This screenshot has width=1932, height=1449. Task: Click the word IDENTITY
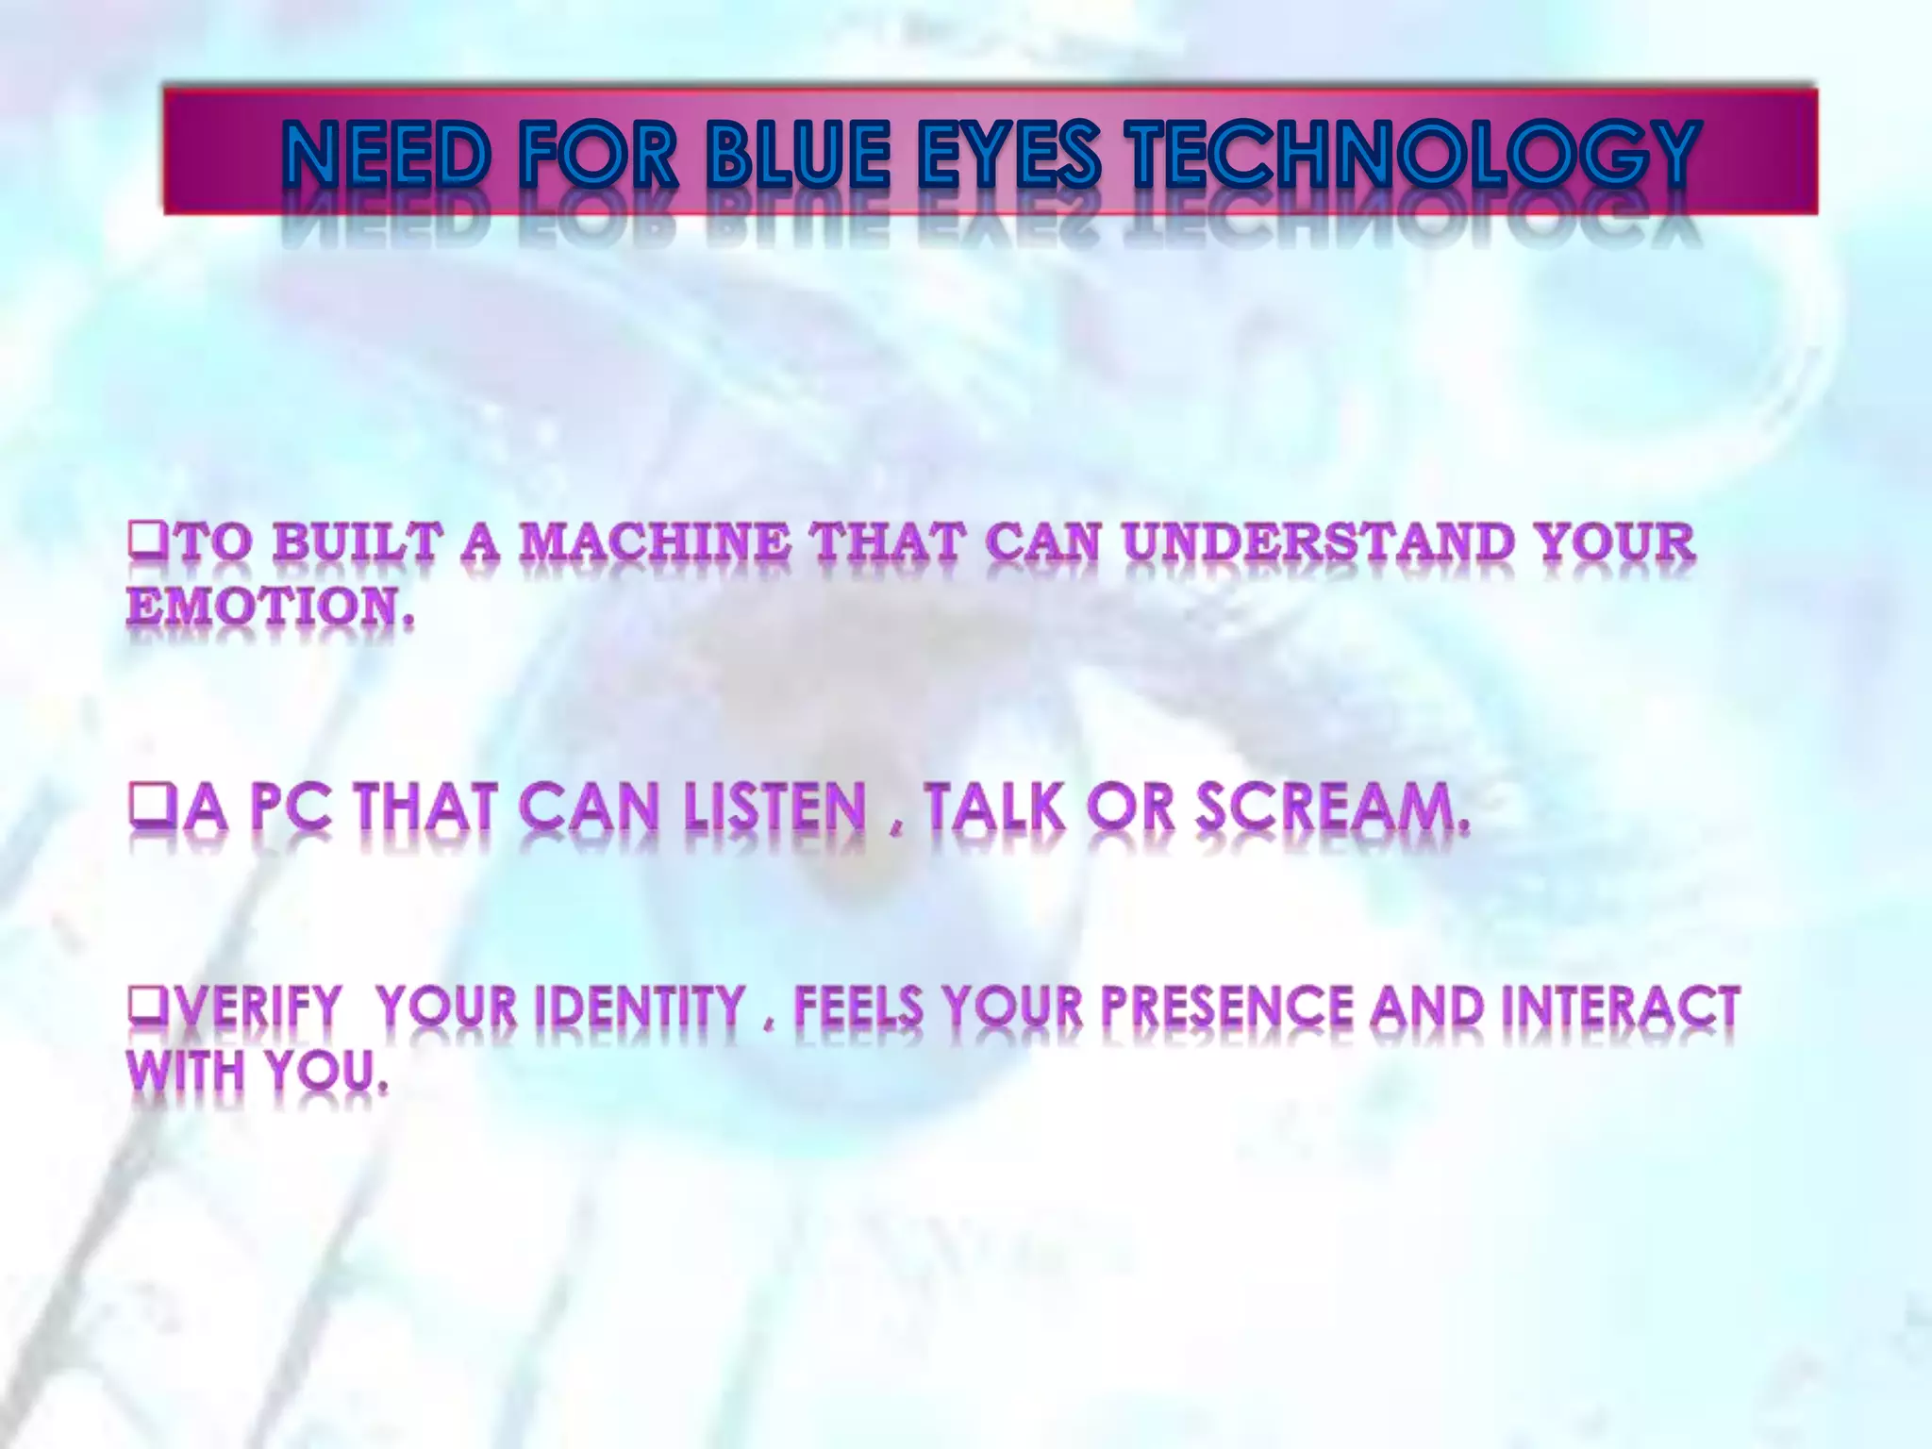(641, 1007)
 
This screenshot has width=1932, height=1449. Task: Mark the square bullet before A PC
(145, 811)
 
